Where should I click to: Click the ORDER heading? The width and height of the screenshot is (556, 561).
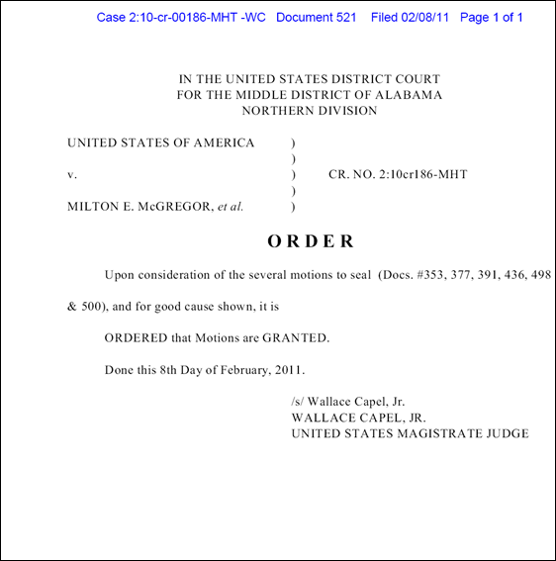tap(310, 240)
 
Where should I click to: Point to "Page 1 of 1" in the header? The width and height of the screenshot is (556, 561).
tap(492, 18)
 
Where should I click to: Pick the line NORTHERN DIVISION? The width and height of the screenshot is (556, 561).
tap(310, 111)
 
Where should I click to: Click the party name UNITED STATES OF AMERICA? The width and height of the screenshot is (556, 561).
tap(160, 143)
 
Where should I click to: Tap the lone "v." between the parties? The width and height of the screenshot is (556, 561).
tap(72, 175)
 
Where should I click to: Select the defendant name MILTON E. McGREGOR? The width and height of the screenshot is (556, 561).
tap(139, 207)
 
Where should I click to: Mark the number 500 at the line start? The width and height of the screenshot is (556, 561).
tap(96, 307)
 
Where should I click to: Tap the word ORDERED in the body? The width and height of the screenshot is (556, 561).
tap(137, 338)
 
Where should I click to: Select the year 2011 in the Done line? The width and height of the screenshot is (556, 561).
tap(284, 370)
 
